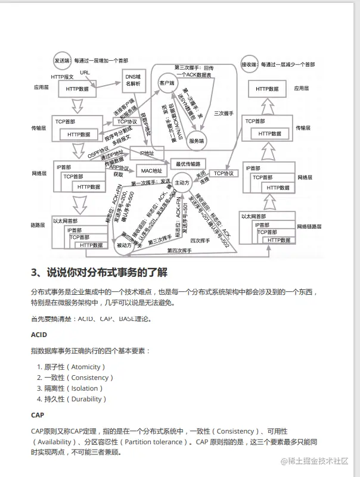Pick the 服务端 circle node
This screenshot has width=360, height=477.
click(x=197, y=141)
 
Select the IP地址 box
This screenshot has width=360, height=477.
click(x=146, y=154)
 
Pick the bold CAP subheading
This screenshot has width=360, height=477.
click(x=38, y=414)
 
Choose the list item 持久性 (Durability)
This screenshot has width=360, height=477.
click(x=74, y=399)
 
